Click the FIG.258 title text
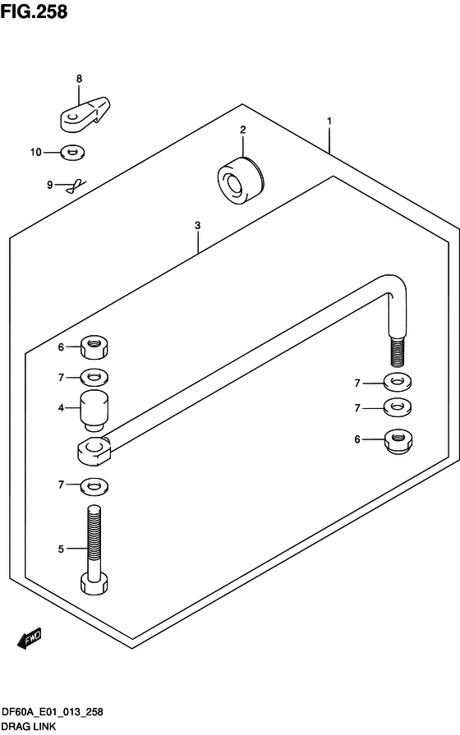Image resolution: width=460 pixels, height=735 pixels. click(x=34, y=11)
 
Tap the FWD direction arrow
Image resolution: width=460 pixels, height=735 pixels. click(x=30, y=638)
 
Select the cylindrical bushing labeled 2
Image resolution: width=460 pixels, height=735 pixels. click(x=241, y=181)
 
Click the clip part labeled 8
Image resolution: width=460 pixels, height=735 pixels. click(x=85, y=113)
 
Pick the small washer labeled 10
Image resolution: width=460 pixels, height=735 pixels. click(x=72, y=153)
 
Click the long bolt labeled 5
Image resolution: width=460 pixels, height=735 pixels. click(x=94, y=550)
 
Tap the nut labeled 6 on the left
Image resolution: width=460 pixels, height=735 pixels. click(x=94, y=347)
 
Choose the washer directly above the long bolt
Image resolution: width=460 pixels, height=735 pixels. click(x=94, y=486)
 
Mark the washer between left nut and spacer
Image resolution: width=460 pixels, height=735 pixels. click(x=94, y=377)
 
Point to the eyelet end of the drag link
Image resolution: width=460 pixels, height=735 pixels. click(x=94, y=450)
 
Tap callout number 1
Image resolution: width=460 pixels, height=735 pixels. click(x=329, y=121)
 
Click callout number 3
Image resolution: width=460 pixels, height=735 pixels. click(x=197, y=226)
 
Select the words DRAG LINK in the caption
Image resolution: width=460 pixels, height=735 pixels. click(x=29, y=727)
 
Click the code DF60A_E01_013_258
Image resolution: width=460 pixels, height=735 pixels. click(x=53, y=713)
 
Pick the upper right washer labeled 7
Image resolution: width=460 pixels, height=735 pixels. click(x=398, y=382)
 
